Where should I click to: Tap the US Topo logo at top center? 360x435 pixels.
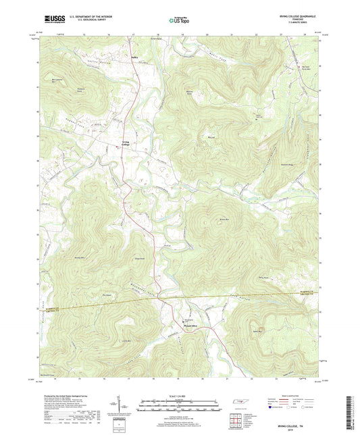coord(178,21)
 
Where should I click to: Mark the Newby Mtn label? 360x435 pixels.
coord(79,259)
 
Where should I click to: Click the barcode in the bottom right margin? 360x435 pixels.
coord(351,412)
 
